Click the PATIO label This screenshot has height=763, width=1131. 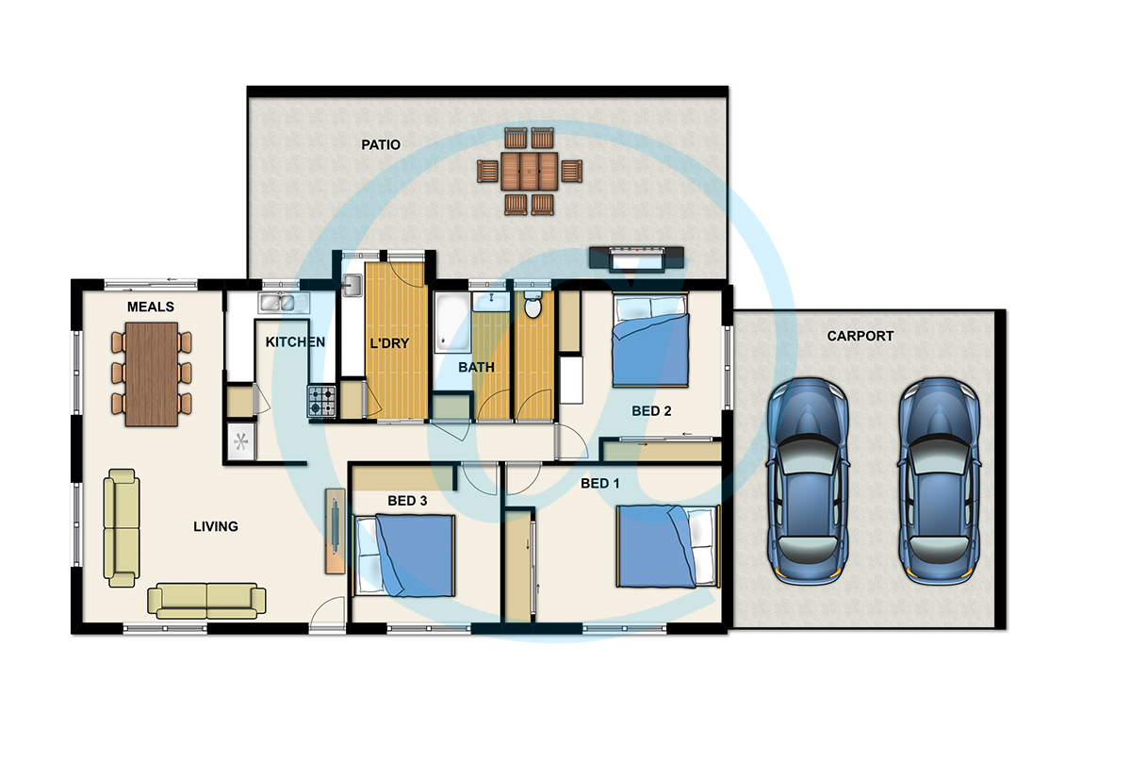pyautogui.click(x=381, y=145)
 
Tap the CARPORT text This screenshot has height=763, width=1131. pyautogui.click(x=860, y=336)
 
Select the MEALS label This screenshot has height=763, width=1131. pyautogui.click(x=151, y=307)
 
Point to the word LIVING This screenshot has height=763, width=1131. pyautogui.click(x=216, y=526)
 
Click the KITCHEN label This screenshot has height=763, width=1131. pyautogui.click(x=295, y=342)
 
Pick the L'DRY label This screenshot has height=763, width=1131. pyautogui.click(x=389, y=343)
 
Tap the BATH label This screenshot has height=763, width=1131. pyautogui.click(x=476, y=367)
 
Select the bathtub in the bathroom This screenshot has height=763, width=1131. pyautogui.click(x=452, y=322)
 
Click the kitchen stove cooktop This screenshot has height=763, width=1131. pyautogui.click(x=321, y=401)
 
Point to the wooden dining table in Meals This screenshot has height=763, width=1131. pyautogui.click(x=152, y=373)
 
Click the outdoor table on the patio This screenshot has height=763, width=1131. pyautogui.click(x=529, y=172)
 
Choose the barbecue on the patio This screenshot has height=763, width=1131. pyautogui.click(x=636, y=258)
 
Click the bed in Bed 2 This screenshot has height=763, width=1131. pyautogui.click(x=650, y=340)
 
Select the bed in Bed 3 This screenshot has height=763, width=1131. pyautogui.click(x=404, y=556)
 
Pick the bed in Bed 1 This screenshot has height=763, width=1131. pyautogui.click(x=668, y=546)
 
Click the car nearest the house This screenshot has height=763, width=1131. pyautogui.click(x=808, y=481)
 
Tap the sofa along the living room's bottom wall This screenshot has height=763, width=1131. pyautogui.click(x=206, y=601)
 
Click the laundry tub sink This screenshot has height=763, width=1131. pyautogui.click(x=352, y=285)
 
